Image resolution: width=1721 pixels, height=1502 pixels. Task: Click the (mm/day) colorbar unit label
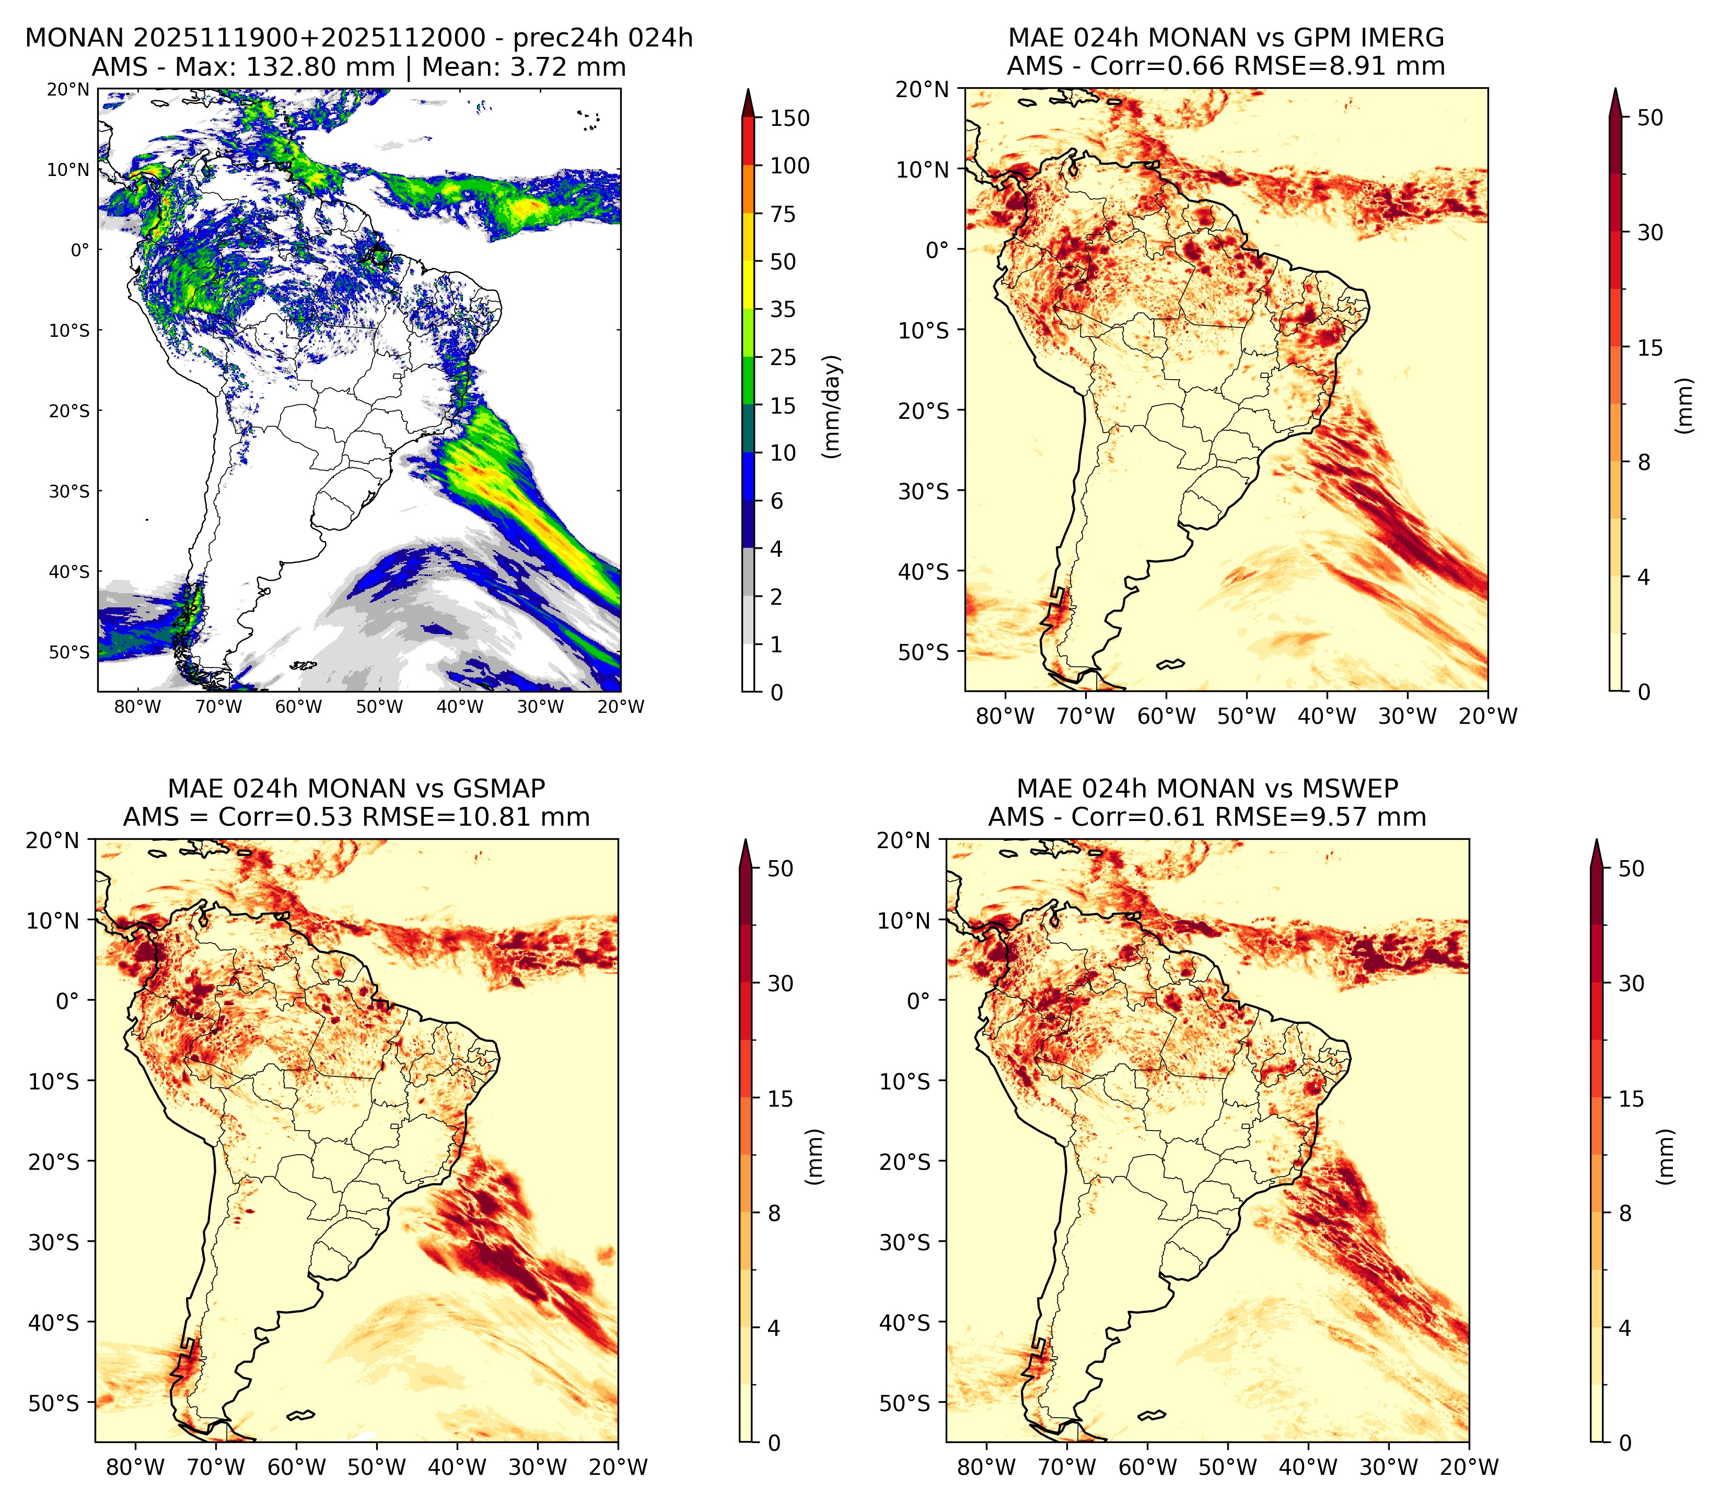pyautogui.click(x=832, y=406)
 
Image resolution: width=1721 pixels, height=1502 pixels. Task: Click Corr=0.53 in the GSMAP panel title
pyautogui.click(x=286, y=817)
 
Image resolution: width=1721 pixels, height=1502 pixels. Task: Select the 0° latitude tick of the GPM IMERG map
pyautogui.click(x=937, y=250)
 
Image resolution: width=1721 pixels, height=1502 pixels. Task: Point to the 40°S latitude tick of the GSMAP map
pyautogui.click(x=54, y=1323)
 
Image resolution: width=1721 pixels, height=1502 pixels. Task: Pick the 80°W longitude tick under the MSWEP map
pyautogui.click(x=986, y=1468)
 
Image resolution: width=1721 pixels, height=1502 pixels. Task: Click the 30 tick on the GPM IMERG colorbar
pyautogui.click(x=1650, y=232)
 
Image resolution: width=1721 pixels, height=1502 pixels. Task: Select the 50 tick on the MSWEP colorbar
pyautogui.click(x=1631, y=869)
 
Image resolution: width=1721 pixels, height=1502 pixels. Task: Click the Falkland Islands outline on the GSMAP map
pyautogui.click(x=300, y=1416)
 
